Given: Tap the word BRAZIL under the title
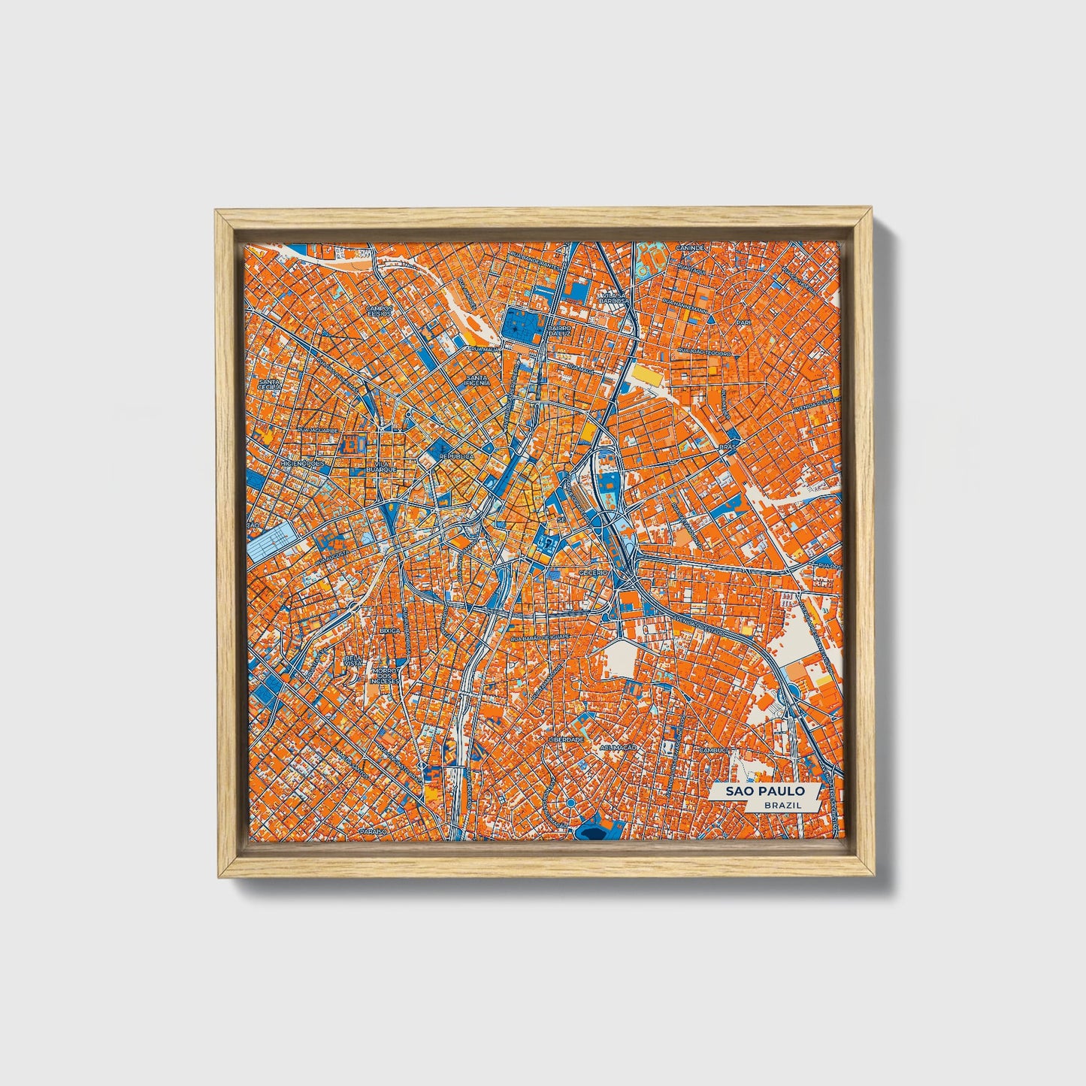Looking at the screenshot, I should pos(781,805).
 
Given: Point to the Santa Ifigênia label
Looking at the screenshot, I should pos(478,380).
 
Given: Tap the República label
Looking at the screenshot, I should pos(456,456).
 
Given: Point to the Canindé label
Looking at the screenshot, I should pos(690,247).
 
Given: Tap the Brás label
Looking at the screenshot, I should pos(726,446).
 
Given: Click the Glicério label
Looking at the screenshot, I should pos(593,573).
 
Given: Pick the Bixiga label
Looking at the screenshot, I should pos(390,631).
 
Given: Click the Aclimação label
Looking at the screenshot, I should pos(618,748).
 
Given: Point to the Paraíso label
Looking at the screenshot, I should pos(373,833).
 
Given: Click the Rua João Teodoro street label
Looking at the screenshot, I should pos(703,351).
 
